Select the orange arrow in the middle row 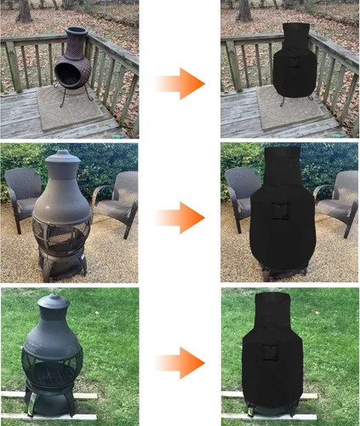tap(180, 218)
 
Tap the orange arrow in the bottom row tap(180, 362)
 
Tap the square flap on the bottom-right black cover tap(271, 353)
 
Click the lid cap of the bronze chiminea tap(61, 158)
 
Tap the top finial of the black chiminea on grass tap(54, 299)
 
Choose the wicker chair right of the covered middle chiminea tap(336, 198)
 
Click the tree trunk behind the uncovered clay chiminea tap(24, 10)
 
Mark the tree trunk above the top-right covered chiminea tap(245, 10)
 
